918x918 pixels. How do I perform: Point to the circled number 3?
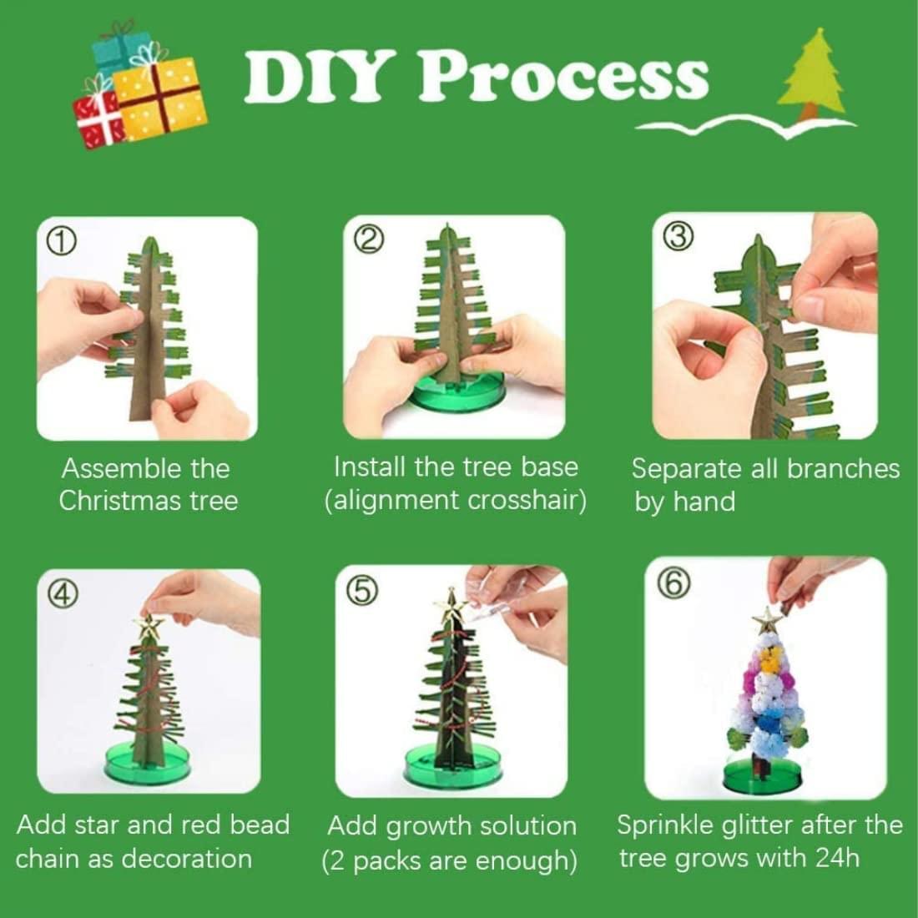pyautogui.click(x=679, y=236)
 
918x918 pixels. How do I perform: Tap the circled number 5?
pyautogui.click(x=361, y=592)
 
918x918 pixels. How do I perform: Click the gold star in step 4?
pyautogui.click(x=149, y=628)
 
